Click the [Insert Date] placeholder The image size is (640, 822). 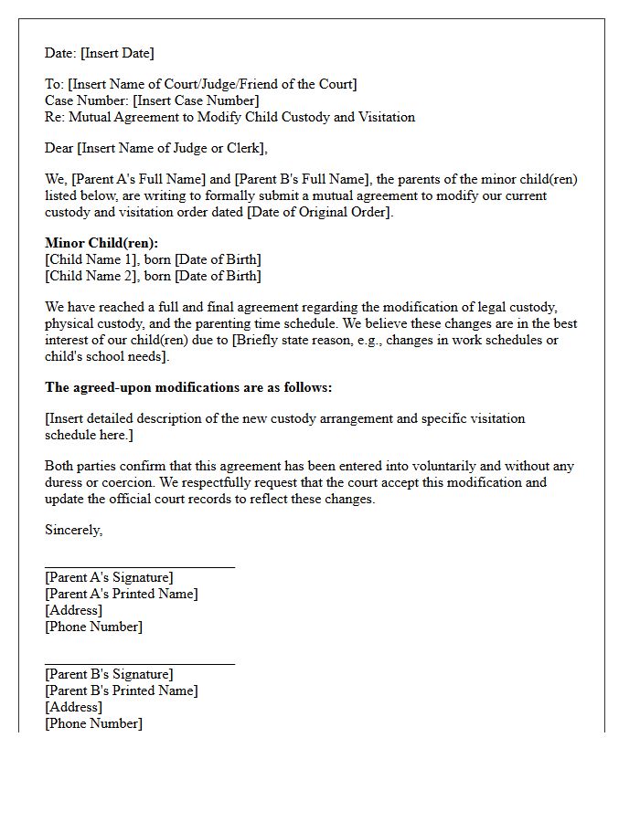click(x=117, y=53)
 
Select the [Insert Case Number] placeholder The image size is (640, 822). click(x=196, y=100)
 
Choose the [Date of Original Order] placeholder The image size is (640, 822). click(x=315, y=212)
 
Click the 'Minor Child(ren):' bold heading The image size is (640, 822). click(x=101, y=243)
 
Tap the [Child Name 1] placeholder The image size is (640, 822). click(x=88, y=259)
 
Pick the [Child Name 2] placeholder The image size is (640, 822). click(x=88, y=276)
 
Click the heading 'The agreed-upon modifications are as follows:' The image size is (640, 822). click(x=188, y=387)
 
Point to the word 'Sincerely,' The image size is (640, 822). click(x=74, y=530)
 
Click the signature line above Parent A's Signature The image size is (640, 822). click(x=140, y=567)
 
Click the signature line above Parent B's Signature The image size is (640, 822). click(x=140, y=664)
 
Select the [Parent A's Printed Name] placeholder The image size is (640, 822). click(x=121, y=594)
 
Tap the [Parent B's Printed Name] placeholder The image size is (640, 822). click(x=121, y=690)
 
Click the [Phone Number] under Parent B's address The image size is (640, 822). click(x=93, y=723)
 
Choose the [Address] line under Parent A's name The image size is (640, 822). click(x=73, y=610)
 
